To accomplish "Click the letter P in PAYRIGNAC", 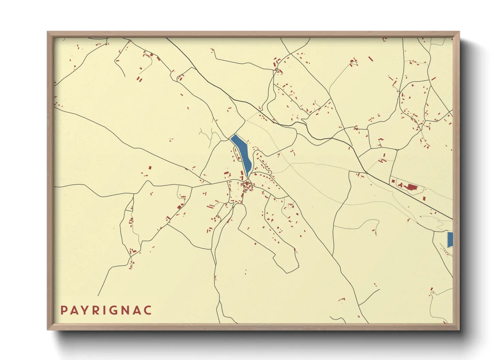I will (x=64, y=310).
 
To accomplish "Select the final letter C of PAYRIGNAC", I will (x=148, y=310).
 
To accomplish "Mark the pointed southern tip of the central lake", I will (x=247, y=177).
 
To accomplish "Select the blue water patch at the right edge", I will (x=450, y=240).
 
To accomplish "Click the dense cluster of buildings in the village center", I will (x=247, y=186).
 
